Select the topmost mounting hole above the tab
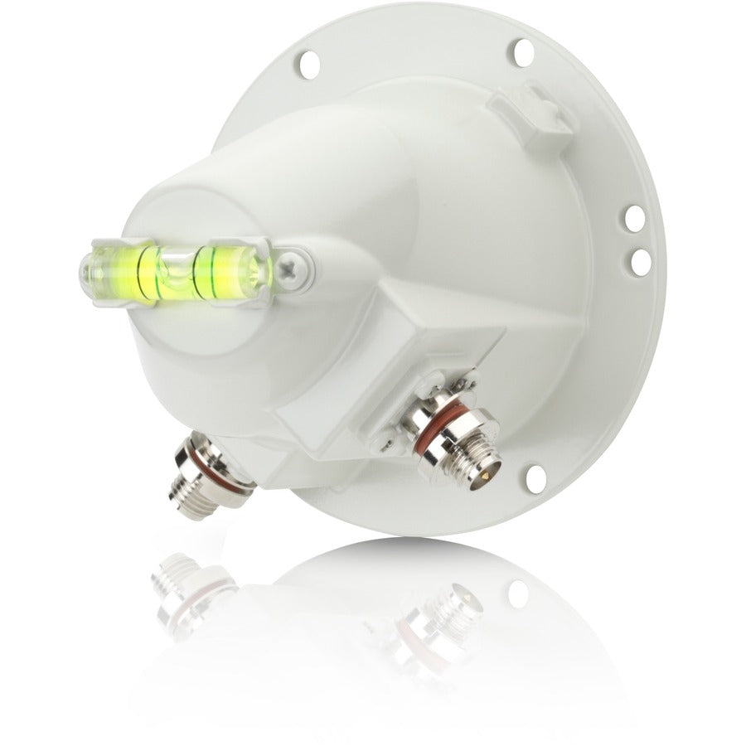tap(523, 51)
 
